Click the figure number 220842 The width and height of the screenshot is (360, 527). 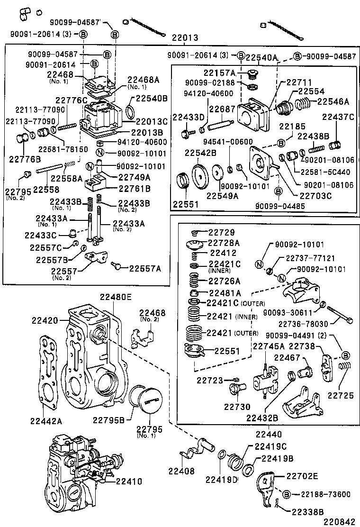click(x=339, y=521)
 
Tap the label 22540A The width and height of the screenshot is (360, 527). click(x=261, y=57)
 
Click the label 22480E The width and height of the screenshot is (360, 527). click(x=115, y=297)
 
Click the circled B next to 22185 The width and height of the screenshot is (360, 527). click(x=281, y=142)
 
